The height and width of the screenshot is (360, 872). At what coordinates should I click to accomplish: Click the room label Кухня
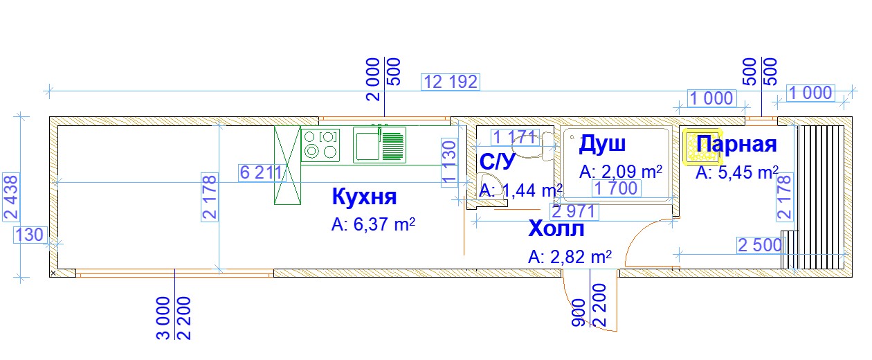click(x=364, y=197)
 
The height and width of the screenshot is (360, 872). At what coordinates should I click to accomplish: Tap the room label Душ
click(x=602, y=144)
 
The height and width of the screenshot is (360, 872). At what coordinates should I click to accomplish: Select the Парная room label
click(x=736, y=144)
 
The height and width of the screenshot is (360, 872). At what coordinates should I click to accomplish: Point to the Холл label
click(x=556, y=228)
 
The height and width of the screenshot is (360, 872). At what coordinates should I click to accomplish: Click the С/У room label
click(x=497, y=161)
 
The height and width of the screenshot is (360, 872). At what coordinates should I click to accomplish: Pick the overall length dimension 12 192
click(x=451, y=82)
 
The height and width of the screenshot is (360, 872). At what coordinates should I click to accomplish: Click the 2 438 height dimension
click(x=11, y=197)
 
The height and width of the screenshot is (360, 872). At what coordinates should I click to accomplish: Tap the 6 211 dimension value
click(x=261, y=172)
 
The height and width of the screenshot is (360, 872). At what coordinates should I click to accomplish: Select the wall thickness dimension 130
click(x=30, y=235)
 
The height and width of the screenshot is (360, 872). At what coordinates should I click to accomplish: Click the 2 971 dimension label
click(x=574, y=212)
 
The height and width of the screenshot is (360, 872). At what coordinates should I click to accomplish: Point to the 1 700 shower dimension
click(x=616, y=188)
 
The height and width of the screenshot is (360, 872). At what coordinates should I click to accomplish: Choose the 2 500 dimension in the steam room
click(x=760, y=246)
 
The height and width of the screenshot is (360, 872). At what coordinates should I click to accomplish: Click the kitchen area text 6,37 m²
click(x=373, y=224)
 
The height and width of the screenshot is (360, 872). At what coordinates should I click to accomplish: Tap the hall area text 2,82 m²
click(x=570, y=257)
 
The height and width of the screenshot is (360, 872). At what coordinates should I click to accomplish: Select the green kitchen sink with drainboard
click(x=379, y=145)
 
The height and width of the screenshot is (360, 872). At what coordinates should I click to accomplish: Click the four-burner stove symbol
click(x=320, y=145)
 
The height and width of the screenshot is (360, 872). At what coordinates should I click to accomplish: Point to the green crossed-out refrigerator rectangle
click(x=287, y=165)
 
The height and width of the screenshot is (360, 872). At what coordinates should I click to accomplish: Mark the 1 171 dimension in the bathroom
click(x=515, y=137)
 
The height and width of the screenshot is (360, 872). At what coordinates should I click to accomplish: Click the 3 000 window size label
click(x=163, y=318)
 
